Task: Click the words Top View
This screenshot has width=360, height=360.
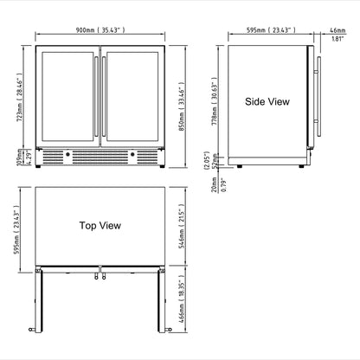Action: pyautogui.click(x=100, y=225)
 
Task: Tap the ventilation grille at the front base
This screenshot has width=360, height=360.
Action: pyautogui.click(x=101, y=158)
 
